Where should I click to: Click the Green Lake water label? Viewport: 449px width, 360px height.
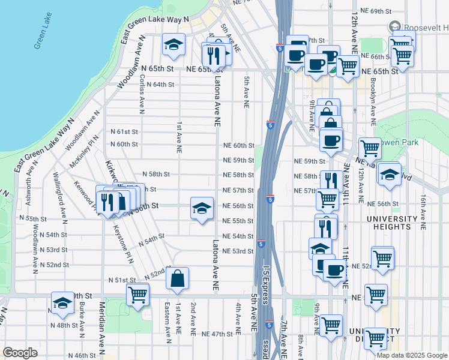pos(43,37)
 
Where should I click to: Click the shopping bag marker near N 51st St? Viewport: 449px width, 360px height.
pos(178,278)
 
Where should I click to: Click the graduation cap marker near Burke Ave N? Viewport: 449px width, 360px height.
pos(62,304)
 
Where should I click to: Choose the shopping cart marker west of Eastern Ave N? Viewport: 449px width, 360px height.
pos(137,295)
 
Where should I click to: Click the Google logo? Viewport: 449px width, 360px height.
pos(20,352)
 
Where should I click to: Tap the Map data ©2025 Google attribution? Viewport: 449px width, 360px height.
pos(412,355)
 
